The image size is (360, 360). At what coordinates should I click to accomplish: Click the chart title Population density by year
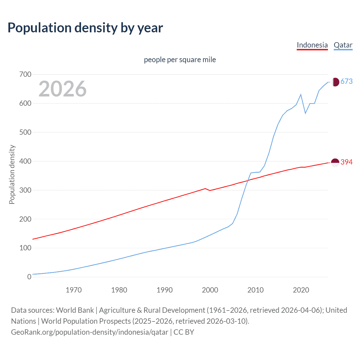click(x=85, y=28)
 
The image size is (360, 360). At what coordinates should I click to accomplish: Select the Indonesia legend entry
click(x=312, y=45)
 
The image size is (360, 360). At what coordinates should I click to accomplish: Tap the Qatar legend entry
click(x=343, y=45)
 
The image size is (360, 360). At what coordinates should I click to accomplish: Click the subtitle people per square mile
click(x=180, y=60)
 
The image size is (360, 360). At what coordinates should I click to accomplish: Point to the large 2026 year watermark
click(x=62, y=89)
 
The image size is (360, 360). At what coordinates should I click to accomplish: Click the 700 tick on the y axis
click(x=25, y=75)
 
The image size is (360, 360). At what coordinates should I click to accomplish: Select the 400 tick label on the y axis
click(x=25, y=161)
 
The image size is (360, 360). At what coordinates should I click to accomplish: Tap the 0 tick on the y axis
click(x=29, y=277)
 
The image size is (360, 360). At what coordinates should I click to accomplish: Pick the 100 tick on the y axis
click(x=25, y=248)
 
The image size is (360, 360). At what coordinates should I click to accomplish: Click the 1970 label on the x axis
click(x=74, y=290)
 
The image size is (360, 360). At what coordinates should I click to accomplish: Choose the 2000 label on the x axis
click(x=210, y=290)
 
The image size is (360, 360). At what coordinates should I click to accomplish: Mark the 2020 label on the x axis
click(x=301, y=290)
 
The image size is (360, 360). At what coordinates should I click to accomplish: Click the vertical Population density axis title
click(x=12, y=174)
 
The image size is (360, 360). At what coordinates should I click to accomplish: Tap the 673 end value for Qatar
click(x=346, y=82)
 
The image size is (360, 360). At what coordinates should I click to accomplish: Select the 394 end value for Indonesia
click(x=346, y=162)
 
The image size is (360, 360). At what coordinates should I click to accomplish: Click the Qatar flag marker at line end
click(x=335, y=82)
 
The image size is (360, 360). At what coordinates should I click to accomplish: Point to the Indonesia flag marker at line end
click(x=335, y=163)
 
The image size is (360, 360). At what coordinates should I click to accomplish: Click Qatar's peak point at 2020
click(x=301, y=94)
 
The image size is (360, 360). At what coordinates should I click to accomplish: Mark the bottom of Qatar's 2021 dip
click(x=305, y=113)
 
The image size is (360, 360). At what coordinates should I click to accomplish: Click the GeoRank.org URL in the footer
click(x=89, y=332)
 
